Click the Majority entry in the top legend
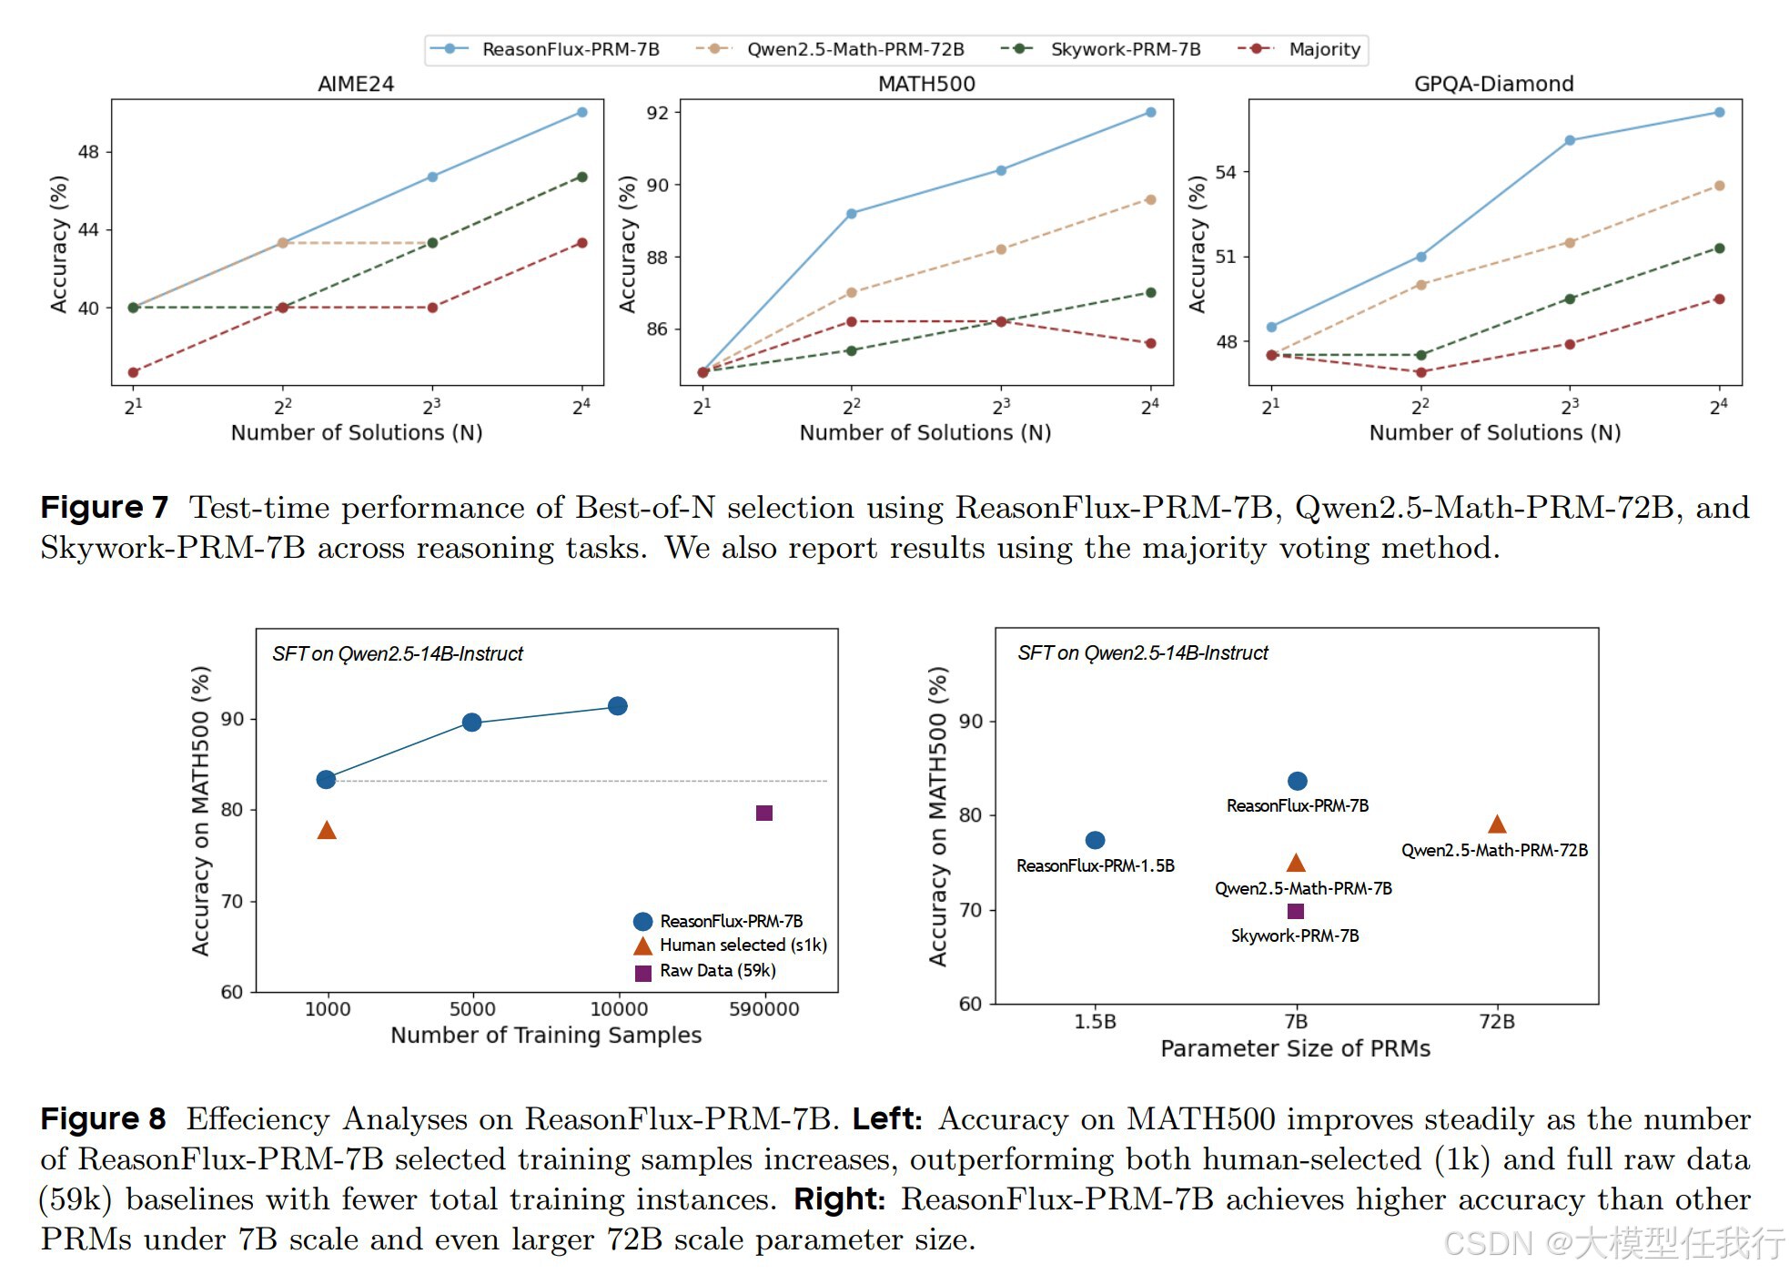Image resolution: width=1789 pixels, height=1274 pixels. point(1323,49)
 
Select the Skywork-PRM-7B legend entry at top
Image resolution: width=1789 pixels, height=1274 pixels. point(1125,49)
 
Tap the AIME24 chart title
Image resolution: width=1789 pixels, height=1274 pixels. point(356,84)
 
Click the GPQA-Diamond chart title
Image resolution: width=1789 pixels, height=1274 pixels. point(1493,84)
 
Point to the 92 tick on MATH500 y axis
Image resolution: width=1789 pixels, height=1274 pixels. point(657,113)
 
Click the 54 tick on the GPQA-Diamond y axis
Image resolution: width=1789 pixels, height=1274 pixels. point(1226,172)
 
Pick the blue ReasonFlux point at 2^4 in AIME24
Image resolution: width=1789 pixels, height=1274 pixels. point(582,113)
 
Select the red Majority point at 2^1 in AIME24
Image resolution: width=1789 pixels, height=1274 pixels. point(134,372)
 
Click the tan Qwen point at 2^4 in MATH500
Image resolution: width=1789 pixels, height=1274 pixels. point(1151,199)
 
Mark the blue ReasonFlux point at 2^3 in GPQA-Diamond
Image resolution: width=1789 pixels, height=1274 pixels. point(1570,141)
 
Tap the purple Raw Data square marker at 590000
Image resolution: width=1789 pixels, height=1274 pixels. point(764,813)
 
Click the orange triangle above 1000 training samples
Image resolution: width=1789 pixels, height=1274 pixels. point(327,830)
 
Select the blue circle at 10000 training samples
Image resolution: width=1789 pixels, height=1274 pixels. point(618,706)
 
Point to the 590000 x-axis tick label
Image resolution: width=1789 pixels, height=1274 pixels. point(764,1009)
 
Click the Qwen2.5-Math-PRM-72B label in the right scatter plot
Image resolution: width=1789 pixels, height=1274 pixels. point(1494,850)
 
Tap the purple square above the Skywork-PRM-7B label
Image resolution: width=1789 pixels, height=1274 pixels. point(1296,911)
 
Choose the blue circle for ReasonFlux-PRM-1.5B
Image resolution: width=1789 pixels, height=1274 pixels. point(1096,840)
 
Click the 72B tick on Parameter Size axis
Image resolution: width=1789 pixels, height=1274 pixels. point(1497,1022)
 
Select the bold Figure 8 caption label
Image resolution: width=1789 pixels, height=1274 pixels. point(104,1118)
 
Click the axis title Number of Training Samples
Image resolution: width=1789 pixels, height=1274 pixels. point(546,1035)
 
